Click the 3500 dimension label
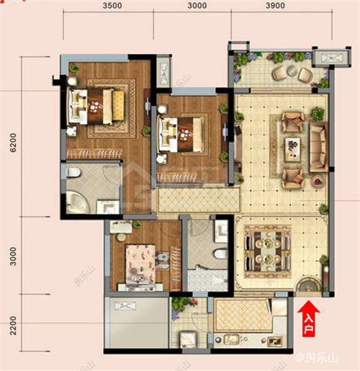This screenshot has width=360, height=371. (112, 6)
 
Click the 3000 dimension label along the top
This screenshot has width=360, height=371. (197, 6)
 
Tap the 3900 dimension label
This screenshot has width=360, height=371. (275, 6)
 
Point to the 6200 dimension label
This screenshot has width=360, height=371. (13, 143)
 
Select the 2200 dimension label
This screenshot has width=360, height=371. (13, 326)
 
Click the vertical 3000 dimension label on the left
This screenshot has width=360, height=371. (13, 256)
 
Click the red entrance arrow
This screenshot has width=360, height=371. (308, 318)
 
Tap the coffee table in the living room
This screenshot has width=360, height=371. (292, 150)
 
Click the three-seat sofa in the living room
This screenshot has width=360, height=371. (318, 147)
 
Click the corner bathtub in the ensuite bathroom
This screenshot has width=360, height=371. (77, 202)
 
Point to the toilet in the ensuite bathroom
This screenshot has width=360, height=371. (73, 172)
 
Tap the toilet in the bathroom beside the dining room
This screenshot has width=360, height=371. (220, 254)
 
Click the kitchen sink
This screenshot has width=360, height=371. (231, 339)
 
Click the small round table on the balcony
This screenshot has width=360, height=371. (292, 71)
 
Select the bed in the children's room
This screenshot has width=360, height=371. (140, 265)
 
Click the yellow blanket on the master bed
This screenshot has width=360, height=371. (118, 105)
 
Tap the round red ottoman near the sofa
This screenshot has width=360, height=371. (318, 181)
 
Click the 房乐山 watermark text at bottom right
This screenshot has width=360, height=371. (317, 358)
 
